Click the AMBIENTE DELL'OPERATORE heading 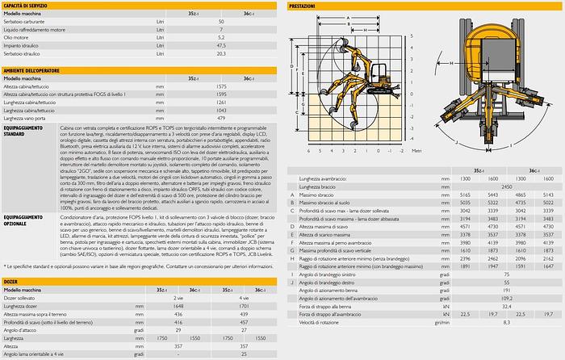coord(36,71)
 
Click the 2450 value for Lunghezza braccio coord(507,186)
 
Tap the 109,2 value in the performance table coord(507,299)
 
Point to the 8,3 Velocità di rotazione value coord(507,323)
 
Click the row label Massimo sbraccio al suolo coord(330,203)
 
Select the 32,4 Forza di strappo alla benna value coord(507,307)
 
